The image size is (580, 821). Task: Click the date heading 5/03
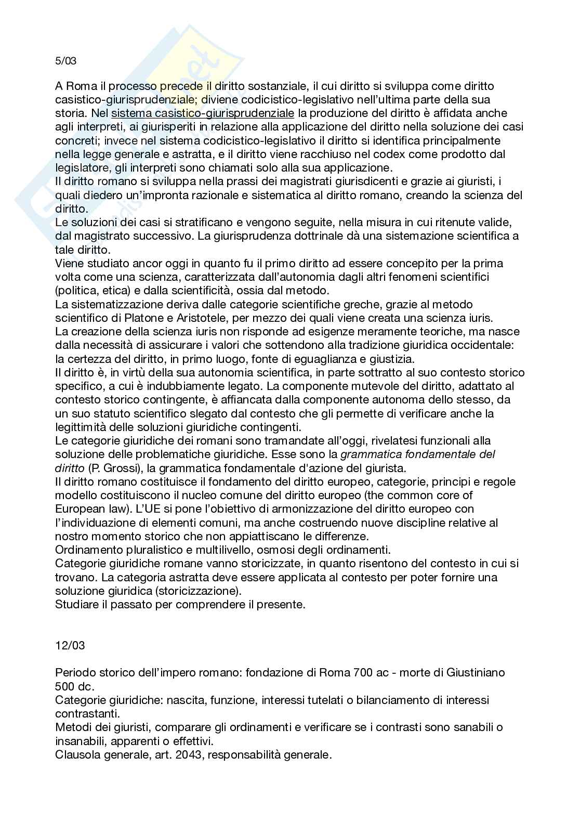point(65,61)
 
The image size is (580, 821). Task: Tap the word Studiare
point(75,605)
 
